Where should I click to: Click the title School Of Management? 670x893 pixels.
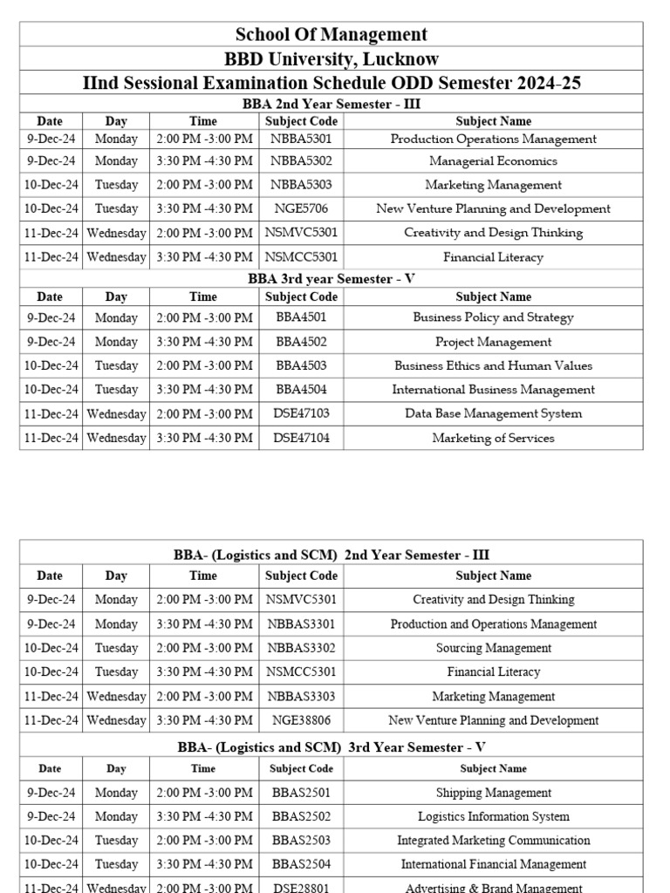tap(332, 35)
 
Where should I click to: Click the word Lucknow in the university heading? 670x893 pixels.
tap(402, 59)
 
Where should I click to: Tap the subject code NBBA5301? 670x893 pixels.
tap(301, 139)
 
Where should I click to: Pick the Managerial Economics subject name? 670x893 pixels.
tap(493, 161)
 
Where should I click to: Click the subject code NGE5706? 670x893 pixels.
tap(301, 208)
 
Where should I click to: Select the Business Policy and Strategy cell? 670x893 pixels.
tap(493, 317)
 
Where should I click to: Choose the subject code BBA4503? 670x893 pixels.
tap(301, 365)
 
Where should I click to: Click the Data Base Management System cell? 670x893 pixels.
tap(493, 413)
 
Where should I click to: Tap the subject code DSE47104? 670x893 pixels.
tap(301, 438)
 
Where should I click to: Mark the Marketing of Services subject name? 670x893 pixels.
tap(493, 438)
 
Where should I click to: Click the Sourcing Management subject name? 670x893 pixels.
tap(493, 648)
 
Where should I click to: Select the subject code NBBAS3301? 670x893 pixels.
tap(301, 624)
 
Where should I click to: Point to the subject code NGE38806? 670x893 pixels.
tap(301, 720)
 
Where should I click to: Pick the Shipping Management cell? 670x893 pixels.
tap(493, 793)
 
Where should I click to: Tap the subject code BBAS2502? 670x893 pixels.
tap(301, 816)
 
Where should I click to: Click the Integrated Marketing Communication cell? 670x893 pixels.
tap(493, 841)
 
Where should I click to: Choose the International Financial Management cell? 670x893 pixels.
tap(493, 864)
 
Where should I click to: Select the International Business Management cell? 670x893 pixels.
tap(493, 390)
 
